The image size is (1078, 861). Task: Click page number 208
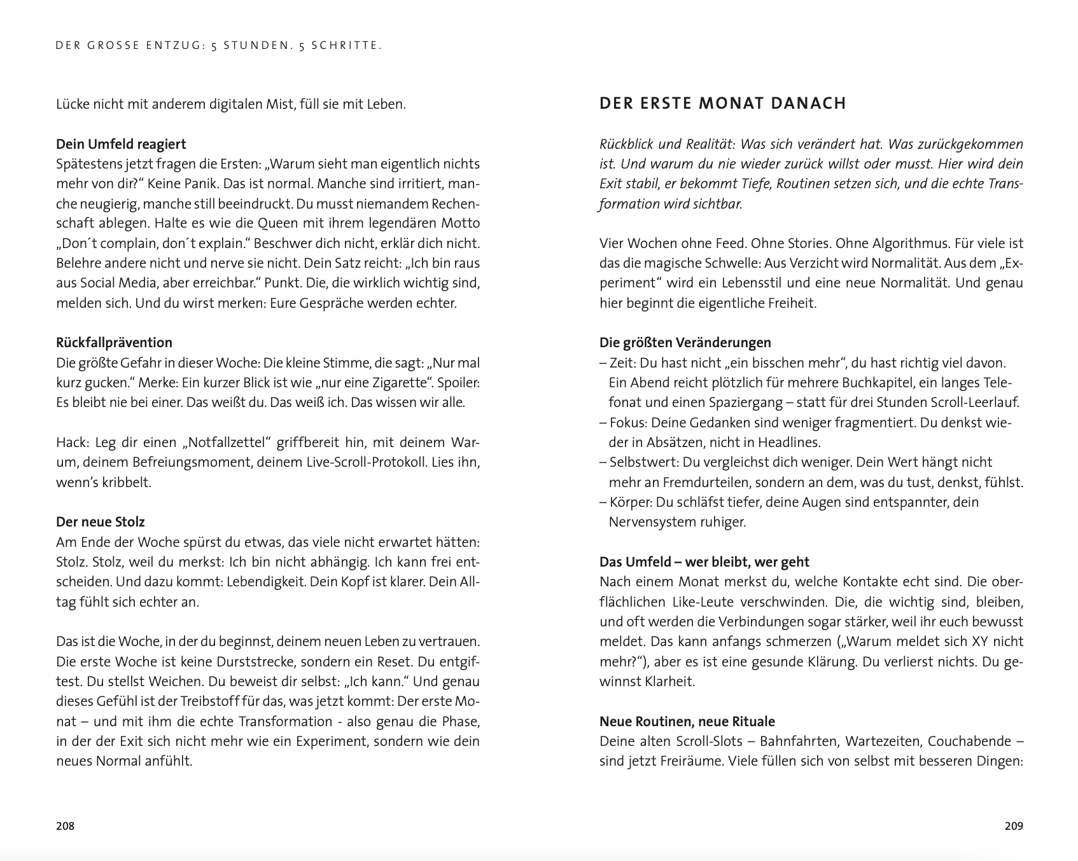pyautogui.click(x=66, y=826)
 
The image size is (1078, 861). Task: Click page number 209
pyautogui.click(x=1014, y=826)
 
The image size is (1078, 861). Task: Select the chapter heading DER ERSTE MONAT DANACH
pyautogui.click(x=723, y=104)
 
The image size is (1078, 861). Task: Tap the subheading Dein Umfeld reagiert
pyautogui.click(x=121, y=144)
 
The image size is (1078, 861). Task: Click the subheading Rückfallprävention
pyautogui.click(x=114, y=342)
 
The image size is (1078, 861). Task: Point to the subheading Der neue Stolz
pyautogui.click(x=101, y=521)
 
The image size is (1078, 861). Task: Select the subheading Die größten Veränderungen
pyautogui.click(x=685, y=342)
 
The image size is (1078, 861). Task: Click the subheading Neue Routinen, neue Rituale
pyautogui.click(x=687, y=721)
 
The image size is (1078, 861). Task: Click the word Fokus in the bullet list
pyautogui.click(x=627, y=422)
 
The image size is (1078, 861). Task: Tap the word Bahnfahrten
pyautogui.click(x=795, y=741)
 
